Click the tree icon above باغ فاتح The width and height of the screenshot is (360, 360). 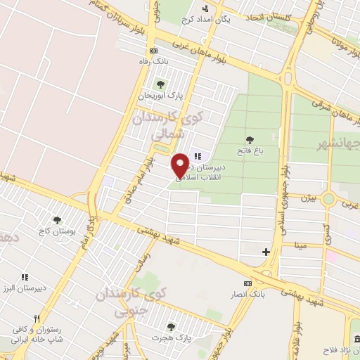249,140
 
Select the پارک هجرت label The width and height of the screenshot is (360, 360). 171,338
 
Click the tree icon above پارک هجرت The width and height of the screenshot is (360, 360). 171,327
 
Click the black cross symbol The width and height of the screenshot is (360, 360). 266,251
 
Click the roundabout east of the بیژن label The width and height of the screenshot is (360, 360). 328,198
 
